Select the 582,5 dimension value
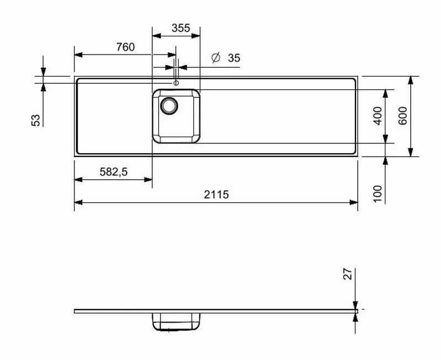(114, 171)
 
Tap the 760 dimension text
(125, 47)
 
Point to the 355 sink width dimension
(180, 28)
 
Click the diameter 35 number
(234, 58)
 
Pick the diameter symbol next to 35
(216, 58)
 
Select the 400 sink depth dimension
(378, 116)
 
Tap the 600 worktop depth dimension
(402, 115)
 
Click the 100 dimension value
(378, 194)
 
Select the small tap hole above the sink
(176, 83)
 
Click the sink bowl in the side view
(176, 322)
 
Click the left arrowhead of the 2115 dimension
(78, 202)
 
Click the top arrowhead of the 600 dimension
(410, 80)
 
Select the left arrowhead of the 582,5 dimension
(78, 179)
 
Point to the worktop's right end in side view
(356, 311)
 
